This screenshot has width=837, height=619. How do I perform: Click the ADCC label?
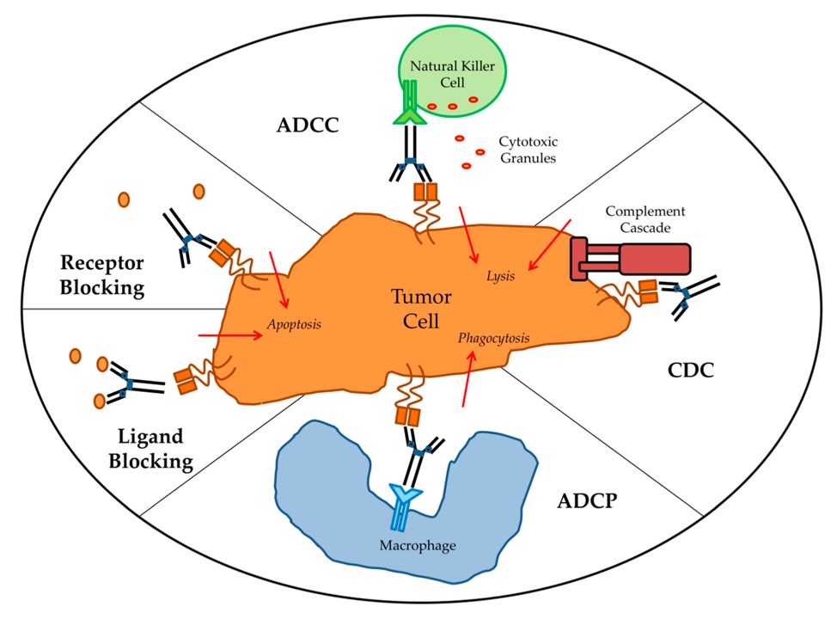click(x=308, y=126)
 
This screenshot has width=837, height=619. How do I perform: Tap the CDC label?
click(x=691, y=371)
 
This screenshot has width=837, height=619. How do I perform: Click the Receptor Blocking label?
click(x=101, y=274)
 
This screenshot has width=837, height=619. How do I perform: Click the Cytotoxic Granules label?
click(x=527, y=151)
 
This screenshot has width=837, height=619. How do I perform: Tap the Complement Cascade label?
click(x=645, y=219)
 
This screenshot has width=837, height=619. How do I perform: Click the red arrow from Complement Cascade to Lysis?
click(x=548, y=245)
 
